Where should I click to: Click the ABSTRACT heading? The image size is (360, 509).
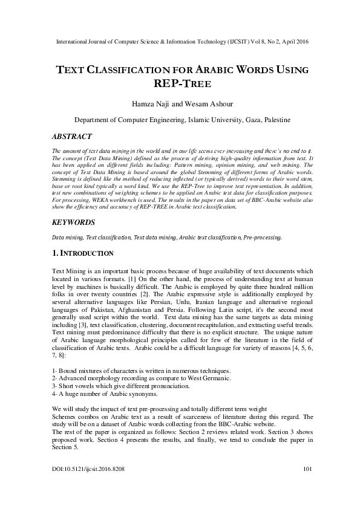click(72, 137)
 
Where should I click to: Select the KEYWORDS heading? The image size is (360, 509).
click(75, 222)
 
